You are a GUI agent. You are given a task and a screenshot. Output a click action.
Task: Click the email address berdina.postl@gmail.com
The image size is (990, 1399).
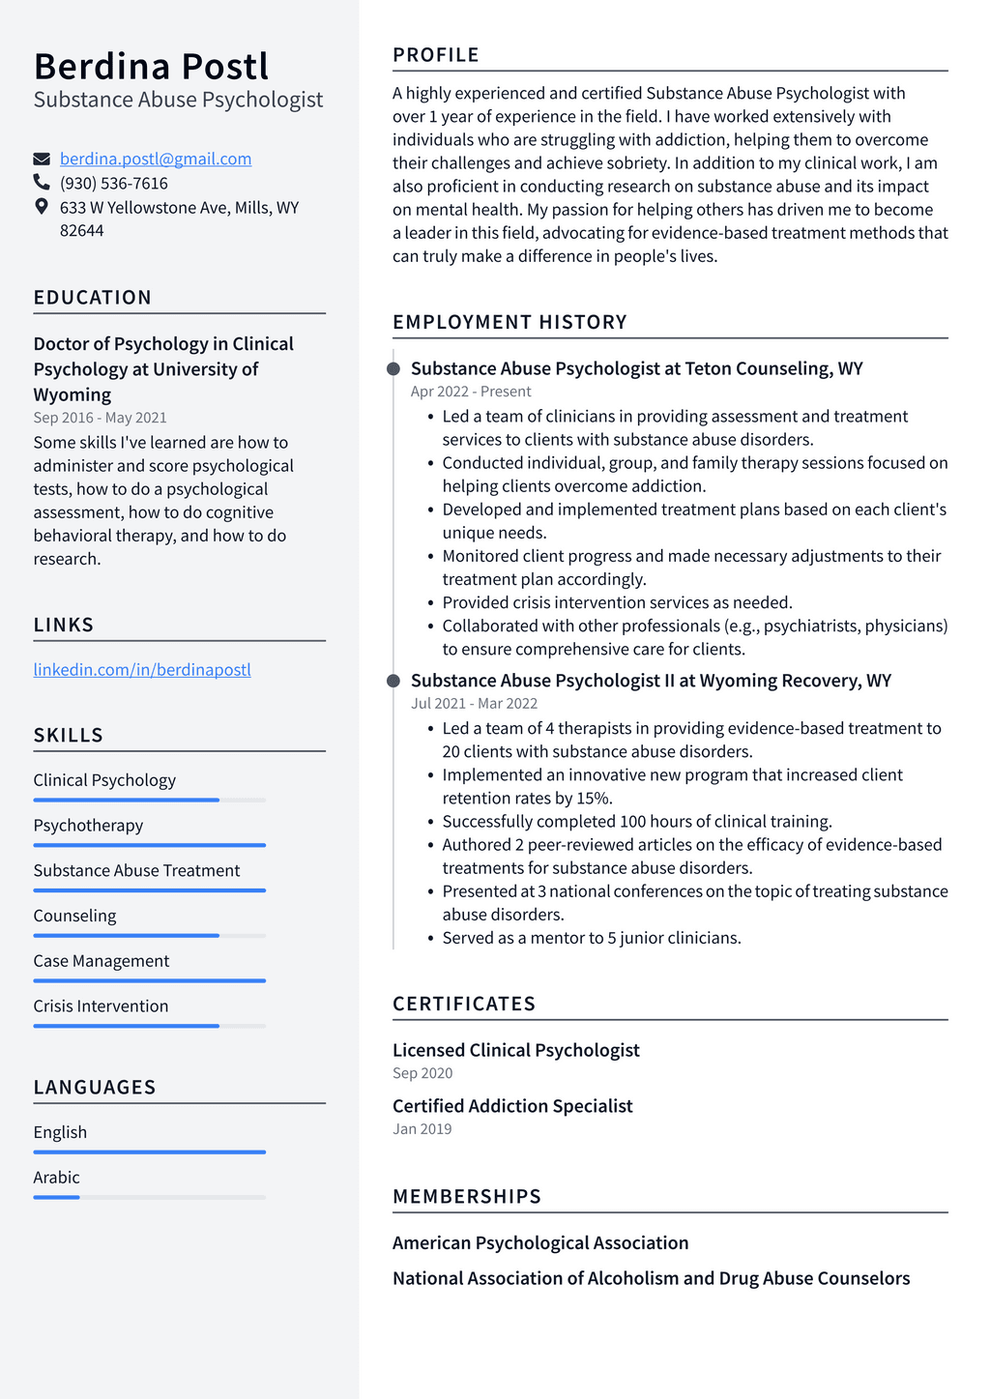tap(155, 159)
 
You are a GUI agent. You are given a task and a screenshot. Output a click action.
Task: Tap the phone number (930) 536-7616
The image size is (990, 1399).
tap(113, 183)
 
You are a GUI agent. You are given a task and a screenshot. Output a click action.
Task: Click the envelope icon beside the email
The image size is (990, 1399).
tap(42, 159)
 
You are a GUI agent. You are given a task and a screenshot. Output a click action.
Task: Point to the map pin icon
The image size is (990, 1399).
tap(42, 206)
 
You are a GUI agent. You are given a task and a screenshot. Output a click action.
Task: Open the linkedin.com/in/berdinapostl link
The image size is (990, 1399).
tap(142, 669)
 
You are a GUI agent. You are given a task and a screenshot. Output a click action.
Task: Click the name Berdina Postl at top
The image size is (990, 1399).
tap(151, 66)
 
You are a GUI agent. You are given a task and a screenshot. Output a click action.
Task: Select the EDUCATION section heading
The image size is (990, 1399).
tap(93, 298)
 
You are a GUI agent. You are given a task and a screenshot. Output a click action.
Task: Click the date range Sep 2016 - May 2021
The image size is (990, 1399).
tap(100, 418)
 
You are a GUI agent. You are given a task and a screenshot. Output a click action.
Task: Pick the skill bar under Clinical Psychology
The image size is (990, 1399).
tap(149, 800)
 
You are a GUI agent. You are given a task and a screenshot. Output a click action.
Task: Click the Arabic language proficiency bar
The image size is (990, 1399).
tap(149, 1197)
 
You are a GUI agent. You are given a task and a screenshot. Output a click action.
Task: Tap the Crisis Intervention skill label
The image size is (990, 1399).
tap(101, 1006)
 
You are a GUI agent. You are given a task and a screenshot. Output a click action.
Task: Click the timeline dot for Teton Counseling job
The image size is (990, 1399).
tap(393, 368)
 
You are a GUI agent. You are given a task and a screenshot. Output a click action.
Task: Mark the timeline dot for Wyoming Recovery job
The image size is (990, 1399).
tap(393, 681)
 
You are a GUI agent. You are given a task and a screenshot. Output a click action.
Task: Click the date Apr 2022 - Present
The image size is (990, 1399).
tap(471, 392)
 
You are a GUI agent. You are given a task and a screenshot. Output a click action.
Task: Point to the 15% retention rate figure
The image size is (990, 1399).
tap(596, 799)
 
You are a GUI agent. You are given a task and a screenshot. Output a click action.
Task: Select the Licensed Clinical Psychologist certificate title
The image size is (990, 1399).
tap(515, 1050)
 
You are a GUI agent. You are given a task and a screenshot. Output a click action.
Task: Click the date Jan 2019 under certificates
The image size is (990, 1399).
tap(422, 1129)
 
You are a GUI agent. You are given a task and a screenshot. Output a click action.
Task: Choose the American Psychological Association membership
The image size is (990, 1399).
tap(540, 1242)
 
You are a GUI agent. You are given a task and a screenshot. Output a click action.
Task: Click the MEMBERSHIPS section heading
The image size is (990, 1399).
tap(467, 1196)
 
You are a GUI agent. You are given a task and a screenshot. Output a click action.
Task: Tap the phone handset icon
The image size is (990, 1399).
tap(42, 182)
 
